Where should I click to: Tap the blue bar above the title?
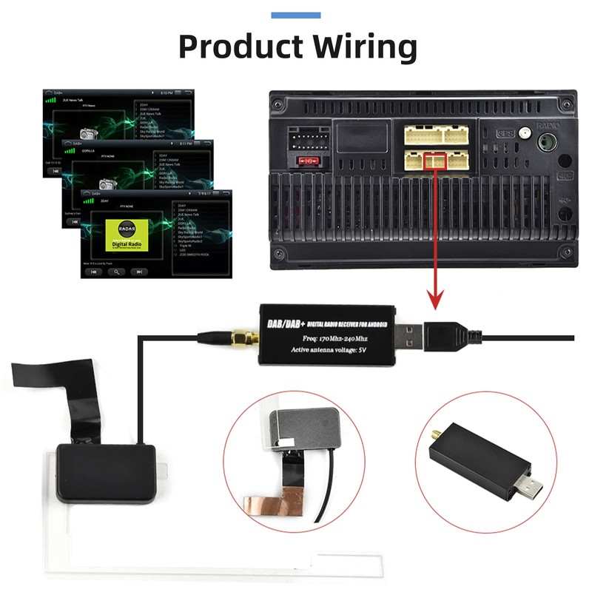click(x=296, y=15)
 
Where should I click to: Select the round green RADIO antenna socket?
click(x=548, y=140)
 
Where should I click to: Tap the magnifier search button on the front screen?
click(x=115, y=272)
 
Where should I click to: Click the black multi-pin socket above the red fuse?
click(x=305, y=139)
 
